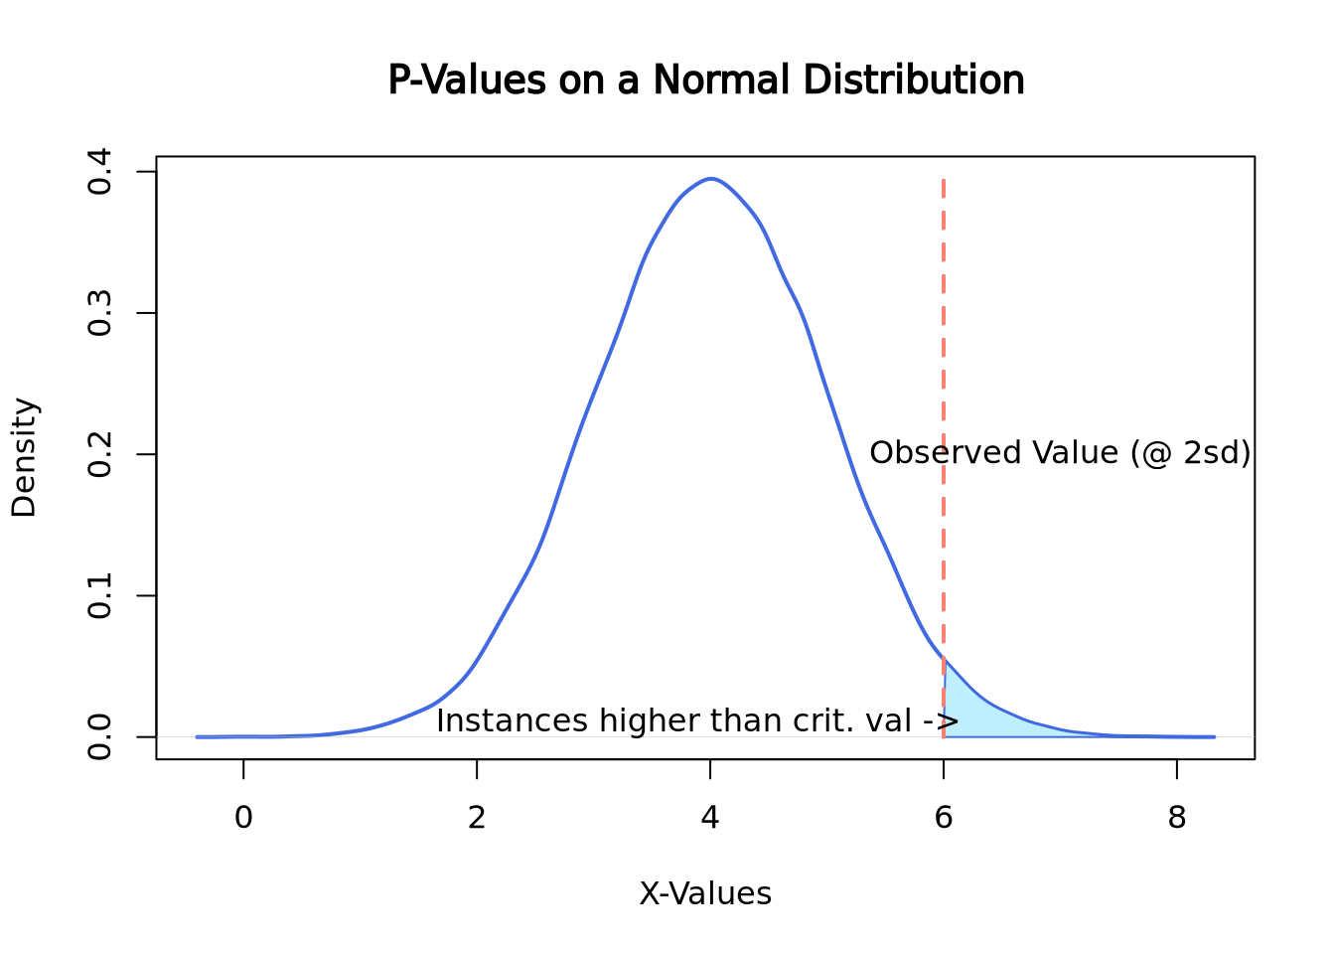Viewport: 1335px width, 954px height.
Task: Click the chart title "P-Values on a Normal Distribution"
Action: point(705,80)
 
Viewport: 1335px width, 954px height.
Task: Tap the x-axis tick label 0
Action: point(243,818)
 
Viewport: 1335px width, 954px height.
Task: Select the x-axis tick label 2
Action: point(477,818)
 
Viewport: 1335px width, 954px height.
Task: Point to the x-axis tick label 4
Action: point(710,818)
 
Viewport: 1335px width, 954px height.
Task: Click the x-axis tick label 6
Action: point(944,818)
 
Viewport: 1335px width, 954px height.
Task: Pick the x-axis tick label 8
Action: point(1177,818)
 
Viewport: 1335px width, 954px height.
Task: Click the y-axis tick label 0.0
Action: point(100,736)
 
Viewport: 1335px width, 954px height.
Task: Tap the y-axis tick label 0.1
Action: point(100,595)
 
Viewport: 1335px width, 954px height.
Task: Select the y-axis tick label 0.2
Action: point(100,454)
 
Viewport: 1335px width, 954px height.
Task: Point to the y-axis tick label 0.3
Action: point(100,313)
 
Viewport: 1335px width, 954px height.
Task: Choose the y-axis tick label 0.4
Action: point(100,172)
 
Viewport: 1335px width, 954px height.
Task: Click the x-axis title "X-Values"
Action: point(705,894)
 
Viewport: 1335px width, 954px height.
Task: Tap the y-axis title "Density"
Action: point(24,457)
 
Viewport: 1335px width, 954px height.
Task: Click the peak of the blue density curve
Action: point(711,179)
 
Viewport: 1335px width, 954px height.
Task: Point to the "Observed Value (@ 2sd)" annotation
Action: point(1060,453)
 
